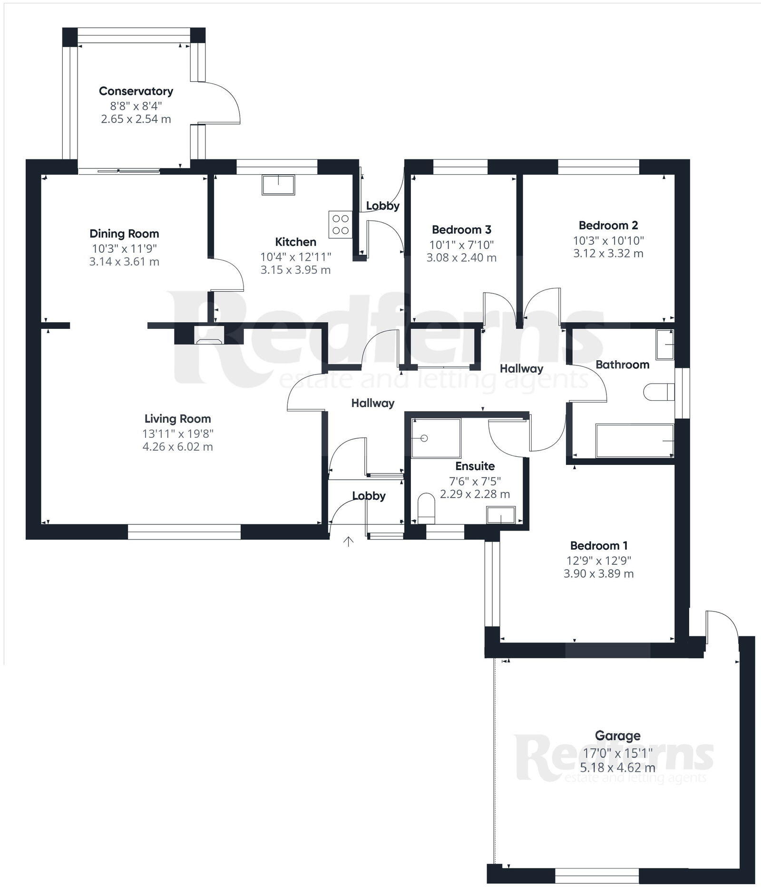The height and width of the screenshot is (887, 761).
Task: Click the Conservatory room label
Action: coord(136,91)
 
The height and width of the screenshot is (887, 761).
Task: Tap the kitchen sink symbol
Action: coord(278,185)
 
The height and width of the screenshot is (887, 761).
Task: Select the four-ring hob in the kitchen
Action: coord(341,225)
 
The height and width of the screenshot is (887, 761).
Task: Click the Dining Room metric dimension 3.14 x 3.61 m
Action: coord(124,261)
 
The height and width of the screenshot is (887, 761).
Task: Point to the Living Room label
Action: coord(177,419)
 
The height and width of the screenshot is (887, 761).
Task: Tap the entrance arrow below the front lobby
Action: coord(349,541)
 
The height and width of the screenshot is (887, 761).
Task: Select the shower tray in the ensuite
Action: coord(436,438)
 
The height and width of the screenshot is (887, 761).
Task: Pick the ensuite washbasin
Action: coord(500,515)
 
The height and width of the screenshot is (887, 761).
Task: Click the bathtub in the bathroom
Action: coord(634,441)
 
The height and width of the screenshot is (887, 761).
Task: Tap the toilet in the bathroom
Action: coord(659,393)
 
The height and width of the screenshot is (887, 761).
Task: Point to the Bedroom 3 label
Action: coord(461,230)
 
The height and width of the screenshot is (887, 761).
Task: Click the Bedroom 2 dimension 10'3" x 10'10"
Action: coord(608,240)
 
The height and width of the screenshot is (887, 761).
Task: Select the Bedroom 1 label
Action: coord(598,545)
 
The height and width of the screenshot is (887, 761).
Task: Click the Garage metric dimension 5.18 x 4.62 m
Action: coord(617,768)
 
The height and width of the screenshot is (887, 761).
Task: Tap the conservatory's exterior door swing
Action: coord(224,102)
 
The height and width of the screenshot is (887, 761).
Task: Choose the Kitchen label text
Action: coord(295,242)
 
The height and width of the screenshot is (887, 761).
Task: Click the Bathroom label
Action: coord(622,365)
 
